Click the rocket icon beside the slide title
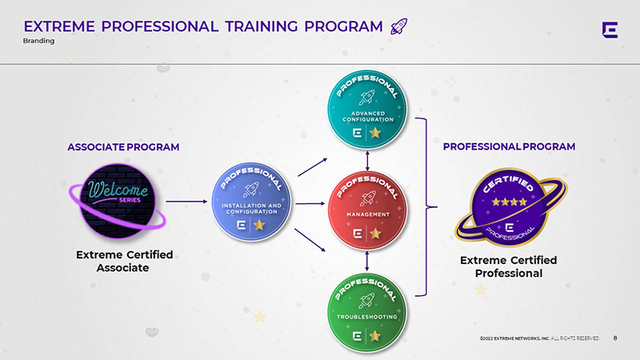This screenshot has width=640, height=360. coord(398,26)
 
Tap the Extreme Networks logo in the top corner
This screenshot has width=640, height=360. coord(610,30)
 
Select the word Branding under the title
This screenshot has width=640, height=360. coord(38,41)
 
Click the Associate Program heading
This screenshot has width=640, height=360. coord(123,147)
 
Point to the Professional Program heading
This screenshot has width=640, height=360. coord(509,146)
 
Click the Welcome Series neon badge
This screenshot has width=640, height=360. coord(118,202)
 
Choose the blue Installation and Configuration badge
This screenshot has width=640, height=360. coord(251,202)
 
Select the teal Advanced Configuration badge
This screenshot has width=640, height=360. coord(367,110)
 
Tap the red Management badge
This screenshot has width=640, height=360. coord(367,210)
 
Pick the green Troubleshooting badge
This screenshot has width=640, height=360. coord(367,312)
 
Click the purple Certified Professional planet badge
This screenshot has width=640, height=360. coord(510,207)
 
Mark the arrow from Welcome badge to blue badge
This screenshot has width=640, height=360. coord(186,202)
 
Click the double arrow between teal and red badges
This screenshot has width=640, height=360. coord(367,161)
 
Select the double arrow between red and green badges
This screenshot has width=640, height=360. coord(367,262)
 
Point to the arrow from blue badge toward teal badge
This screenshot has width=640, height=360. coord(313,167)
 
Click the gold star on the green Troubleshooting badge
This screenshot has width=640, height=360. coord(375,336)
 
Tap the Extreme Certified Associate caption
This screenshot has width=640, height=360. coord(124,262)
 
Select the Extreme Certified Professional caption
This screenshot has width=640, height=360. coord(509,266)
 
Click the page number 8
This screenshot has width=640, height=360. coord(615,338)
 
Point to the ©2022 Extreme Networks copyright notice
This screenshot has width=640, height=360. coord(539,338)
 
